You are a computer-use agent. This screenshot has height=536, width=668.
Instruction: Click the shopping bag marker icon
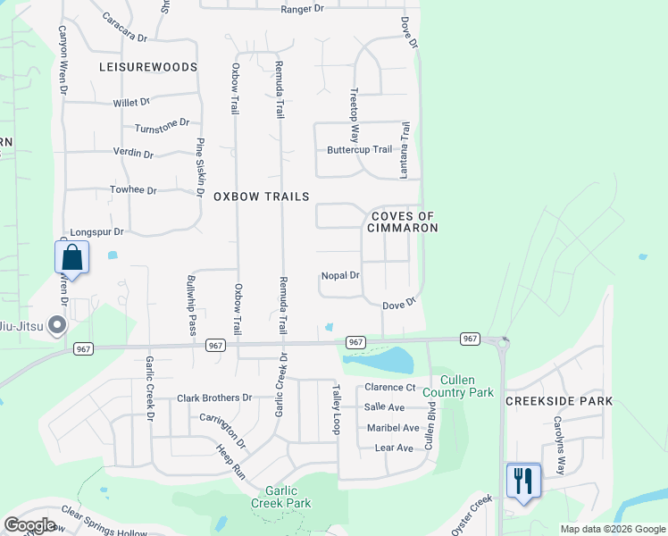pos(72,258)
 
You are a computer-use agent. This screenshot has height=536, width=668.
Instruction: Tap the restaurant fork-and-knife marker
pos(522,482)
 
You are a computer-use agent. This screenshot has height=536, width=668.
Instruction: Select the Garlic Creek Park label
pos(288,497)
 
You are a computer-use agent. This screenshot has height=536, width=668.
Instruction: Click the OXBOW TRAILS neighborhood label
pos(261,197)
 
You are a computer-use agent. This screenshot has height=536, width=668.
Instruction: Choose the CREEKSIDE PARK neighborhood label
pos(559,401)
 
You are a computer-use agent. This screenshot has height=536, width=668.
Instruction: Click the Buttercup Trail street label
pos(359,150)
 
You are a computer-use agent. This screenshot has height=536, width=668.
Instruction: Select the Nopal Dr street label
pos(339,276)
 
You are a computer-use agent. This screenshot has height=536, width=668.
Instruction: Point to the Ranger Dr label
pos(302,9)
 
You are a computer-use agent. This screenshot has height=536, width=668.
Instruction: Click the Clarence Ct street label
pos(390,388)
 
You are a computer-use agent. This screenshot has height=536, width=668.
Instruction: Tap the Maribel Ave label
pos(392,428)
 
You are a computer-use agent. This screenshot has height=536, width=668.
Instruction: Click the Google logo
pos(29,525)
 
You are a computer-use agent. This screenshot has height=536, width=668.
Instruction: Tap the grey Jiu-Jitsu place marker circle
pos(58,324)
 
